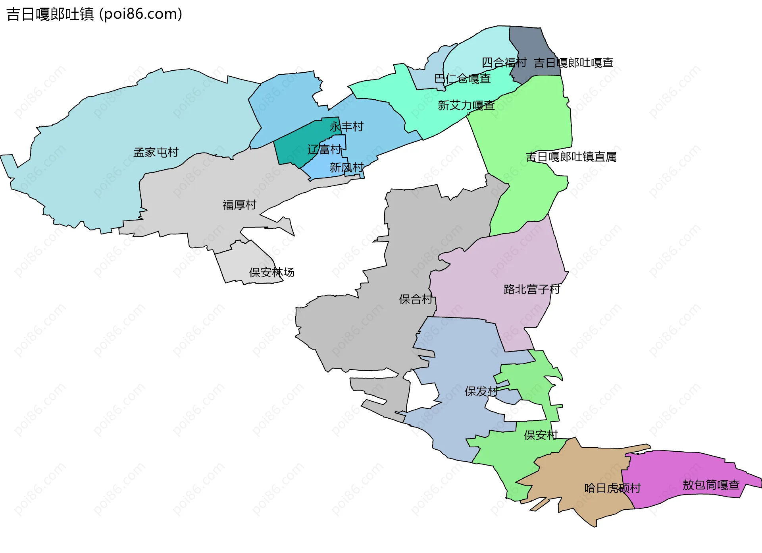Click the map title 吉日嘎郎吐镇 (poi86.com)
[x=94, y=14]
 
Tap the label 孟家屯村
[x=156, y=152]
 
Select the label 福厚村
[x=239, y=205]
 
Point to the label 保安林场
[x=271, y=273]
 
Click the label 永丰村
[x=346, y=127]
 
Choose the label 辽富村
[x=324, y=150]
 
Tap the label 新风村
[x=346, y=168]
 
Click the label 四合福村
[x=504, y=62]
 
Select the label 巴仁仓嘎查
[x=462, y=79]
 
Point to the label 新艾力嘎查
[x=466, y=105]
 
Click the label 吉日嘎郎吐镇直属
[x=571, y=157]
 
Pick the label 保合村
[x=416, y=299]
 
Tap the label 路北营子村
[x=532, y=289]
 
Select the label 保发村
[x=481, y=391]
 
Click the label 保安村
[x=541, y=435]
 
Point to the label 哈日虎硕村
[x=612, y=488]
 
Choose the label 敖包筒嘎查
[x=711, y=485]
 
